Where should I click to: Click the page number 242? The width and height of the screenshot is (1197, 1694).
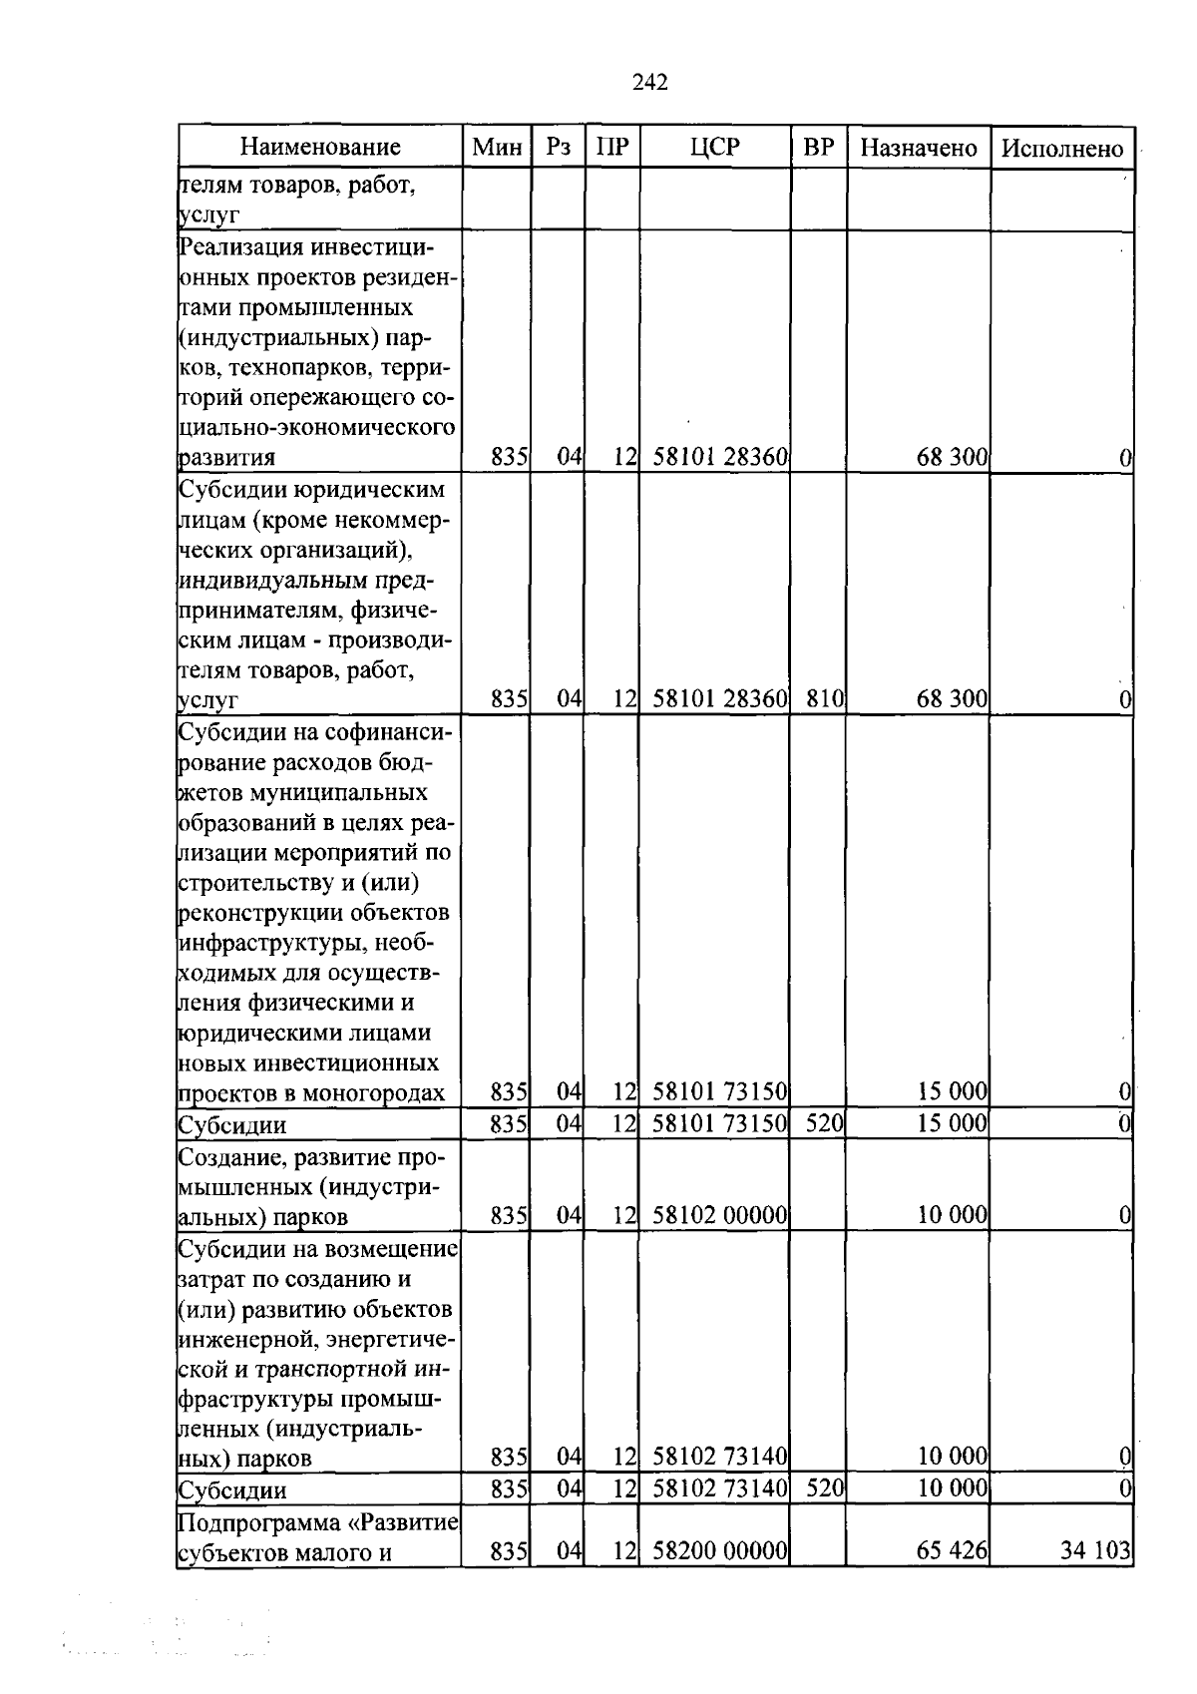tap(649, 83)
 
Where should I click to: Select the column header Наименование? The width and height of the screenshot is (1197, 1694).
tap(320, 149)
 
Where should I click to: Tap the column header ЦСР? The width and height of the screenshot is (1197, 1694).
tap(714, 149)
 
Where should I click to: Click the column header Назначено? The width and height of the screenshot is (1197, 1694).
tap(918, 149)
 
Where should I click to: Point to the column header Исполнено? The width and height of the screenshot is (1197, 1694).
tap(1062, 149)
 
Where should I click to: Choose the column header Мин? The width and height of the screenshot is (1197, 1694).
tap(497, 149)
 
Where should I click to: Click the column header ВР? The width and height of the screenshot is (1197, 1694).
tap(818, 149)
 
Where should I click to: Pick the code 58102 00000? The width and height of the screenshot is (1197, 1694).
tap(720, 1216)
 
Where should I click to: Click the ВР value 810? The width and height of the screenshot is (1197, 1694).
tap(825, 699)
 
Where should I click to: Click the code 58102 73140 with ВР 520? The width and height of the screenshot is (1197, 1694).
tap(720, 1489)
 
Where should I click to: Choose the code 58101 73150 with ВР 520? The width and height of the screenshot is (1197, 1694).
tap(720, 1124)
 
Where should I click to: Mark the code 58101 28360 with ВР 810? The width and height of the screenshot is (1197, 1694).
tap(720, 699)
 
